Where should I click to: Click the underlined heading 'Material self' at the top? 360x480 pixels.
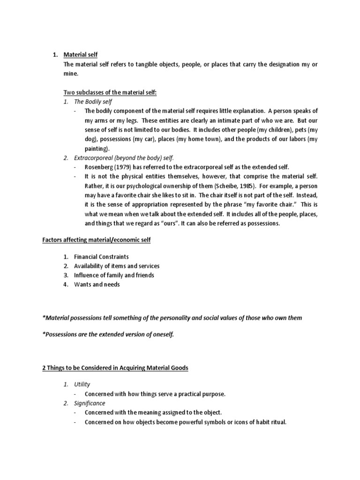pos(80,55)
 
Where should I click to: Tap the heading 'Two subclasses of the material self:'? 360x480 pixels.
pos(110,92)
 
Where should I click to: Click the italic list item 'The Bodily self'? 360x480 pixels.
pos(93,102)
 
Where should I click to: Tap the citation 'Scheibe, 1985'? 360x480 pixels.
pos(232,186)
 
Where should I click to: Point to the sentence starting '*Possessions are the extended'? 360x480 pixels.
pos(108,335)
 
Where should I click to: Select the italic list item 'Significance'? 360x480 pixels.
pos(90,403)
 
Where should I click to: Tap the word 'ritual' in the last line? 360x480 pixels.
pos(277,422)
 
